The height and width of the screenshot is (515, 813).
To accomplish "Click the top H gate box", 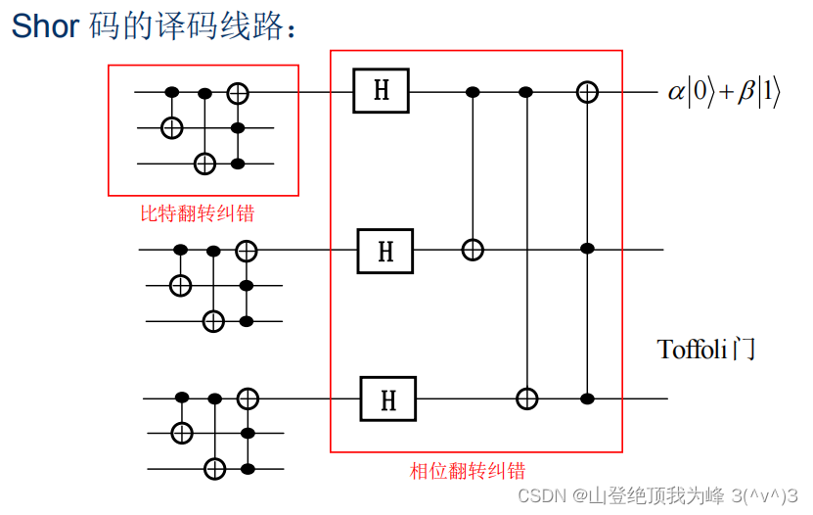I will click(382, 92).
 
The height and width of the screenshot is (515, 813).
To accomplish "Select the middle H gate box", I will click(385, 251).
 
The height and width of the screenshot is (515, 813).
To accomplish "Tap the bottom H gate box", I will click(387, 398).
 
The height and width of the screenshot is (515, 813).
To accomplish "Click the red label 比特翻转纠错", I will click(203, 211).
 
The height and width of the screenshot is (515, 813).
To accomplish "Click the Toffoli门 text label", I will click(706, 350).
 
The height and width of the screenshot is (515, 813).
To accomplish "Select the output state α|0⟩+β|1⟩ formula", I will click(724, 93).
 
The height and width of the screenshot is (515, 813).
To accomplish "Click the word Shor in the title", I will click(44, 26).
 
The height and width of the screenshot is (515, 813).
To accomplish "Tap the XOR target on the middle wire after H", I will click(473, 250).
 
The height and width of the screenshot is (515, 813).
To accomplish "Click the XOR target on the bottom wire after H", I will click(527, 398).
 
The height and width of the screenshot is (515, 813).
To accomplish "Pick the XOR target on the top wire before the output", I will click(586, 92).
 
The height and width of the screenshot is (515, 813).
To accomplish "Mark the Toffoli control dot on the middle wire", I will click(587, 250).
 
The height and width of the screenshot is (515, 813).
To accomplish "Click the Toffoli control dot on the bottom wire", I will click(587, 398).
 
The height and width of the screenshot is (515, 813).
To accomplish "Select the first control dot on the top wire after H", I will click(473, 92).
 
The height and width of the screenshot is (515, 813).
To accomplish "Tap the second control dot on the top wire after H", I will click(526, 92).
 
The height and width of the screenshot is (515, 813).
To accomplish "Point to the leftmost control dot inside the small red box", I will click(172, 93).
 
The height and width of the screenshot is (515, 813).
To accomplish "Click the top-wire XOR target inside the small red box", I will click(238, 93).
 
